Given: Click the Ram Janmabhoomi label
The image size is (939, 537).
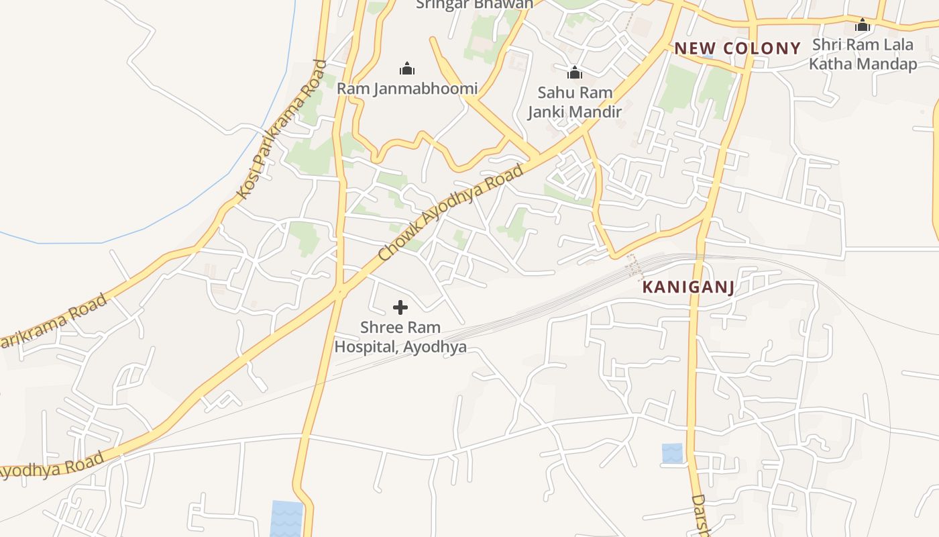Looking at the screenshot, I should (x=407, y=89).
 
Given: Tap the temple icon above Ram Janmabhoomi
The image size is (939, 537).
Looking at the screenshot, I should (x=407, y=68).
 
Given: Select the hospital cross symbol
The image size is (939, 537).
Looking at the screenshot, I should (x=400, y=307).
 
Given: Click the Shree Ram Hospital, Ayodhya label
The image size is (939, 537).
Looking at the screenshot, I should (x=400, y=338).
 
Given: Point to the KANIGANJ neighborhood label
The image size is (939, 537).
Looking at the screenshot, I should (x=688, y=287).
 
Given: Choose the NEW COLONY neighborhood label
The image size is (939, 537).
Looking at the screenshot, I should (x=738, y=48).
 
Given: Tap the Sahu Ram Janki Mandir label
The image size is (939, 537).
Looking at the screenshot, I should (x=575, y=102).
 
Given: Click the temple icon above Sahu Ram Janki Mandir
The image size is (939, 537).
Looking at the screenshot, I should (x=575, y=72).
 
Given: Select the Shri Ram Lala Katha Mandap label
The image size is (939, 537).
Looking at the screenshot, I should (x=863, y=54).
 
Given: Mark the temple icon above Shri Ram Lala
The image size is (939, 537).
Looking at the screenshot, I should (x=863, y=26).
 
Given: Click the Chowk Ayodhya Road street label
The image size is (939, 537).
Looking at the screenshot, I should (x=451, y=213).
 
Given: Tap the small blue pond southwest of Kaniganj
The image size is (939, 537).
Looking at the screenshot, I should (x=672, y=453).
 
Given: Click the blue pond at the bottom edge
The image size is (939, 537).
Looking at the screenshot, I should (x=286, y=518).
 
